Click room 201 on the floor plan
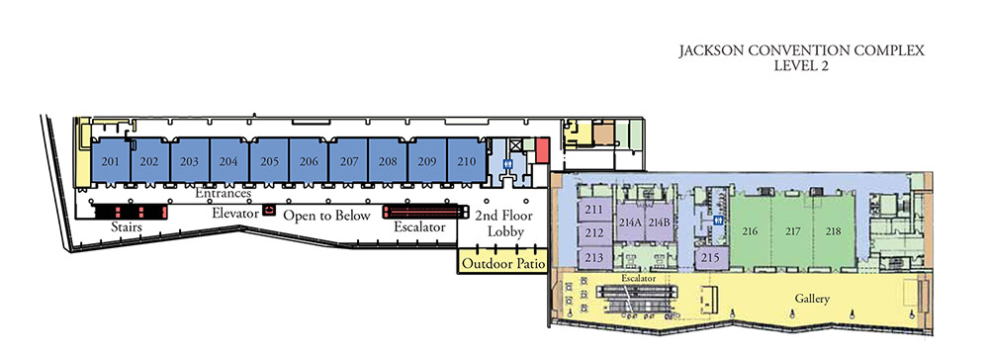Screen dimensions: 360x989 coord(111,161)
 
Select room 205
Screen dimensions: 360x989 coord(269,161)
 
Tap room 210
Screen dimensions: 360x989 coord(467,161)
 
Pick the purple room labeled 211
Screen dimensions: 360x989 coord(594,210)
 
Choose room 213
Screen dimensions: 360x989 coord(594,257)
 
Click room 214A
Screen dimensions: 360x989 coord(630,222)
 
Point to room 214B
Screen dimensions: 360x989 coord(660,222)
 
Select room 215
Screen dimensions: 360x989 coord(709,257)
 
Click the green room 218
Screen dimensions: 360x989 coord(833,231)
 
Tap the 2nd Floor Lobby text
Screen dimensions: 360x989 coord(499,224)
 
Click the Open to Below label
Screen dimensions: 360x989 coord(326,215)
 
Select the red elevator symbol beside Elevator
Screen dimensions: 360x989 coord(268,212)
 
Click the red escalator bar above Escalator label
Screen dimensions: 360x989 coord(425,211)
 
